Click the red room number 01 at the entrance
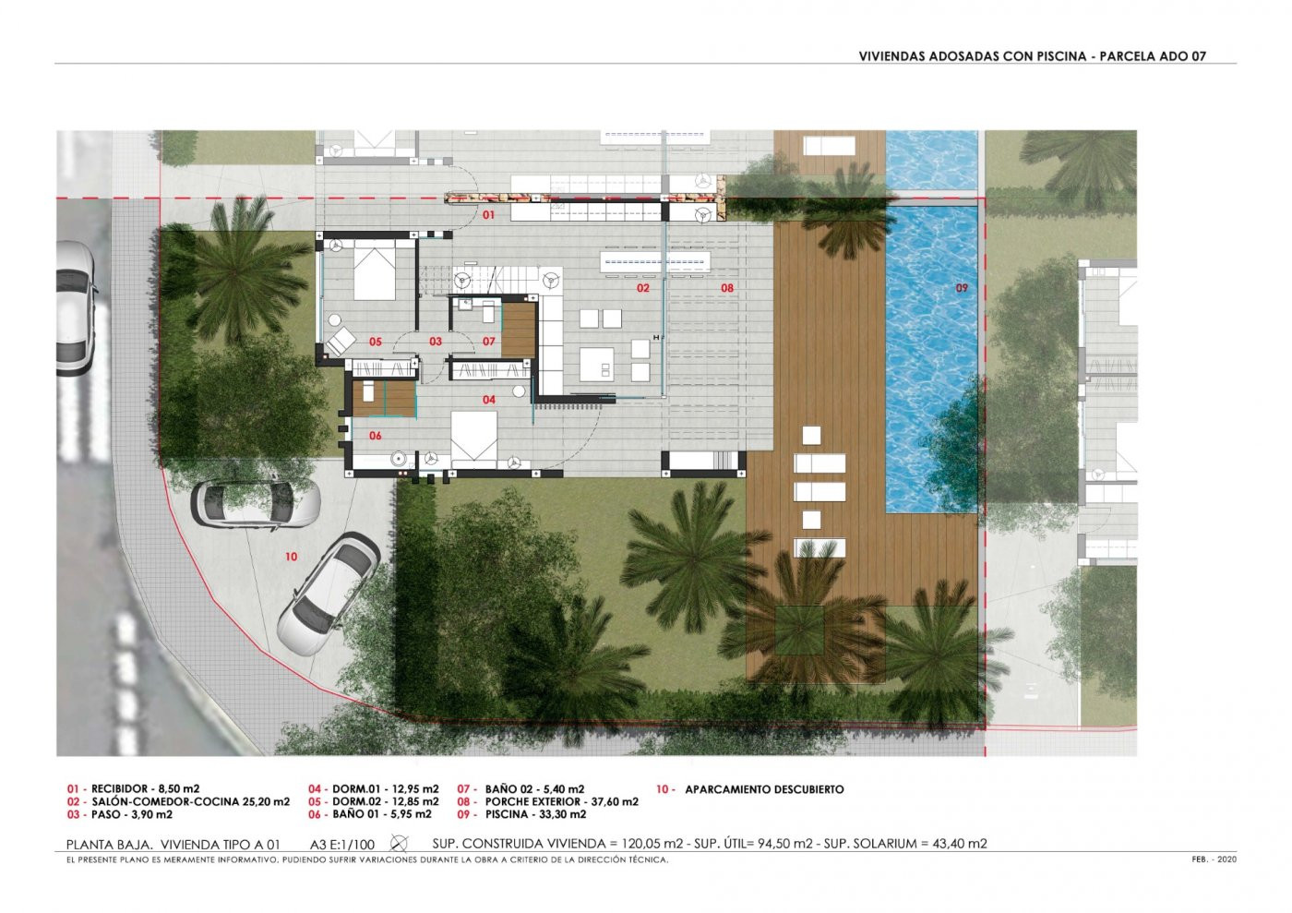click(x=488, y=215)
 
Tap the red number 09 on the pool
click(x=962, y=287)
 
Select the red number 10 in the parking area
click(x=292, y=557)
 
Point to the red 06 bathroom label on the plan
click(x=375, y=436)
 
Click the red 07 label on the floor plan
click(x=488, y=342)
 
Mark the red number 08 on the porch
click(x=727, y=287)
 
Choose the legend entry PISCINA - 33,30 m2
click(x=536, y=814)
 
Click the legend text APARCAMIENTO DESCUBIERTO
click(x=764, y=789)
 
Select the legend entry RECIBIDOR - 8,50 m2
click(x=146, y=789)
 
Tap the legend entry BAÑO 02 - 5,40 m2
click(x=534, y=789)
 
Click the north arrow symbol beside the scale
click(x=399, y=843)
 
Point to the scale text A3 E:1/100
click(x=342, y=845)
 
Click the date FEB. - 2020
click(x=1214, y=859)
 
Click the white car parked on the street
click(x=75, y=308)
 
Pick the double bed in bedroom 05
click(x=375, y=271)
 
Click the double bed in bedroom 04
click(x=473, y=438)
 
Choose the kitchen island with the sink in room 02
click(x=598, y=364)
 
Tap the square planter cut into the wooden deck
click(x=799, y=631)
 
